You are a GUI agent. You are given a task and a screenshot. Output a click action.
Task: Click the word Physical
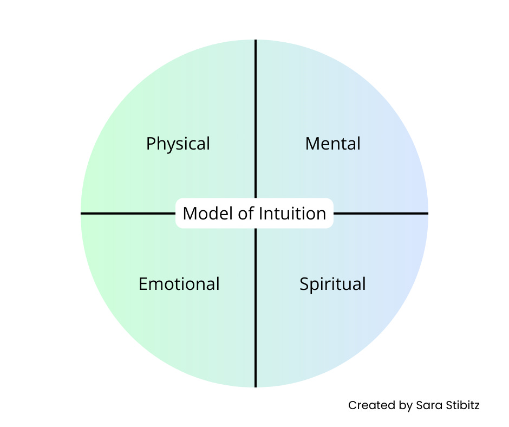pyautogui.click(x=178, y=144)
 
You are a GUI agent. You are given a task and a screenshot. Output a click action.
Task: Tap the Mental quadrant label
pyautogui.click(x=332, y=144)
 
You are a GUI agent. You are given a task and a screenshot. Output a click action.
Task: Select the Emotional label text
pyautogui.click(x=179, y=284)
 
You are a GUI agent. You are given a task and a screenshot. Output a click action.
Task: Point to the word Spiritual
pyautogui.click(x=332, y=284)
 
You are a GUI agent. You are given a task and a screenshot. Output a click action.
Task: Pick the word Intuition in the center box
pyautogui.click(x=292, y=214)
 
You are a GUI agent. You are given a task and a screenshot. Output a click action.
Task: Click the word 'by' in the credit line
pyautogui.click(x=401, y=406)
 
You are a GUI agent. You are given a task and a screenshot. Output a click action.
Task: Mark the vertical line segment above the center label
pyautogui.click(x=256, y=119)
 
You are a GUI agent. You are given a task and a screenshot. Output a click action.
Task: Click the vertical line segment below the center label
pyautogui.click(x=256, y=309)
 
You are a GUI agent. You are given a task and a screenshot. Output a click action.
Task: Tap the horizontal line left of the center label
pyautogui.click(x=128, y=214)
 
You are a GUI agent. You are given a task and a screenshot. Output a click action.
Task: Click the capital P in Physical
pyautogui.click(x=151, y=144)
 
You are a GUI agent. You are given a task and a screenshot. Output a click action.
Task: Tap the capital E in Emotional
pyautogui.click(x=143, y=284)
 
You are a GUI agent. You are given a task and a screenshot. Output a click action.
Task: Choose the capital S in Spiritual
pyautogui.click(x=304, y=284)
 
